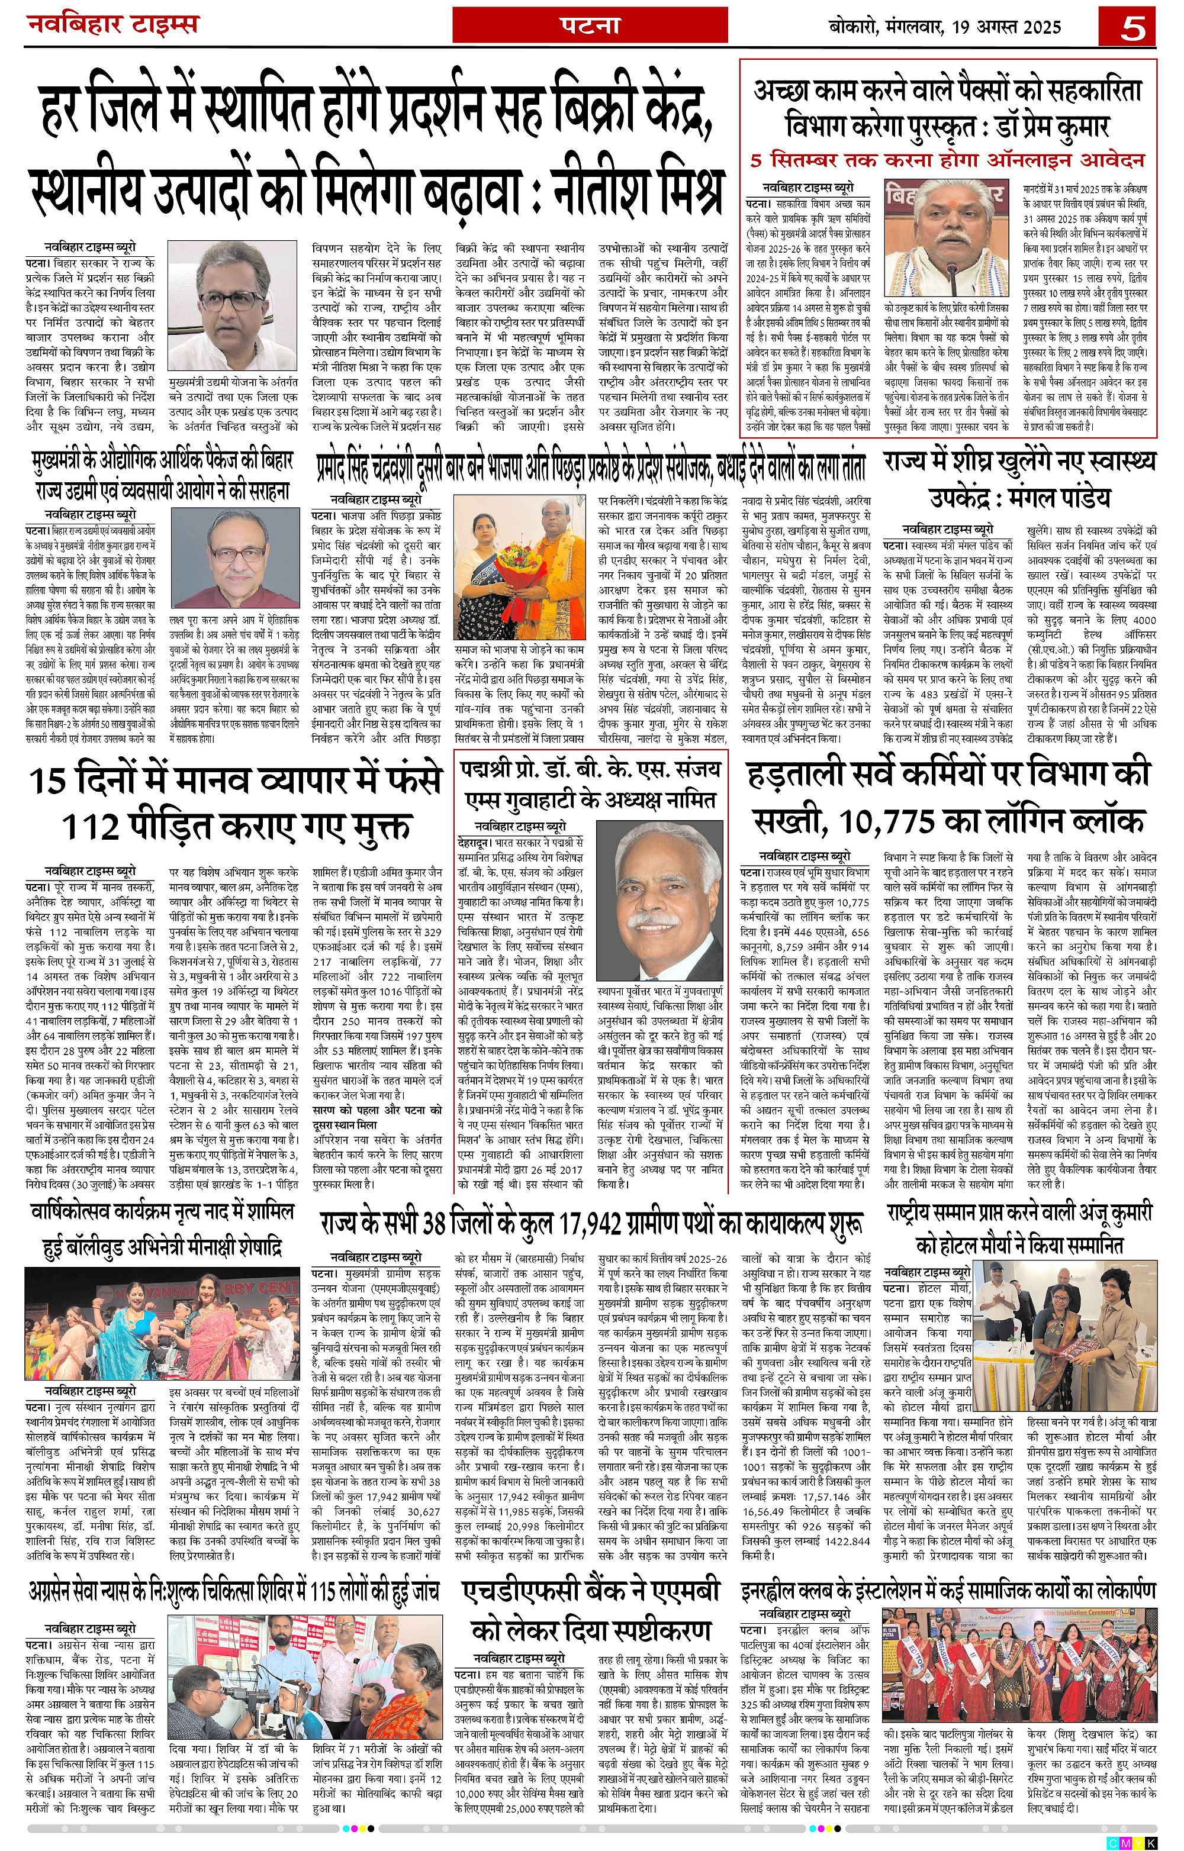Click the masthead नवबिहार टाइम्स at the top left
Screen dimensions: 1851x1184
pos(113,25)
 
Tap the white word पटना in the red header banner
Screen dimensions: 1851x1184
pos(588,25)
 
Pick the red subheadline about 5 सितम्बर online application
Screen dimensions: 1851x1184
pos(947,160)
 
